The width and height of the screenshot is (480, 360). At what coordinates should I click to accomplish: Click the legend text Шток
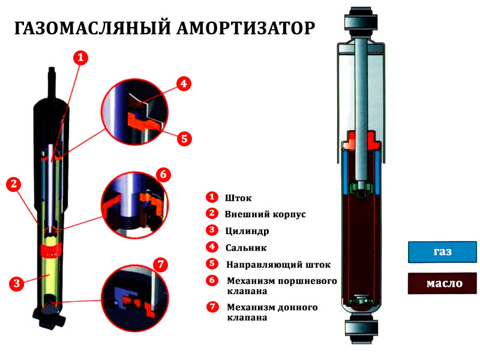[238, 198]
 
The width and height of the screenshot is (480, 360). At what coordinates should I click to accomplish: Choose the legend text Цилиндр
[247, 231]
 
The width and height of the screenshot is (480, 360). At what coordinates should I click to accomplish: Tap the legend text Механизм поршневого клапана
[281, 286]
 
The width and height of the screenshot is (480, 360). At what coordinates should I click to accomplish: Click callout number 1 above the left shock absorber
[80, 58]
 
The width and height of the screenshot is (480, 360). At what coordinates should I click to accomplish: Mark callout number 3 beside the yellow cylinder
[17, 283]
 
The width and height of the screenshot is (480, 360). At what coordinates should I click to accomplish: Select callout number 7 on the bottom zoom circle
[159, 265]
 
